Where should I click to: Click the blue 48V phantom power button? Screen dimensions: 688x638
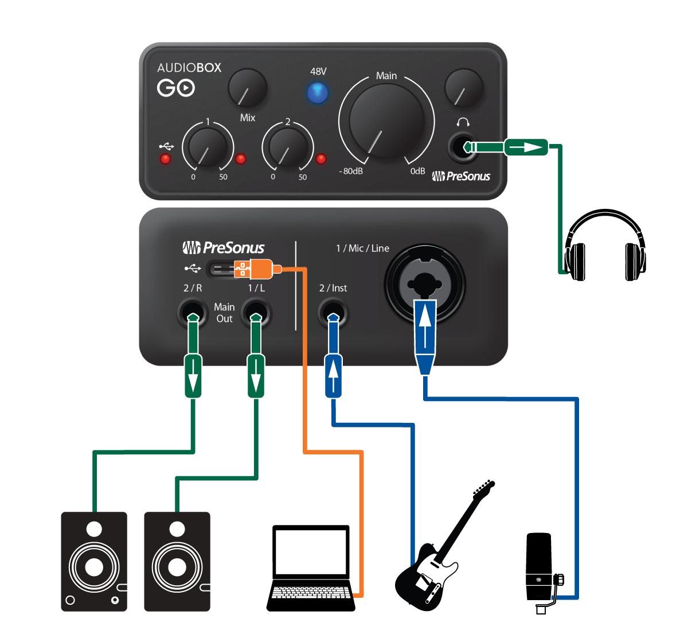click(317, 93)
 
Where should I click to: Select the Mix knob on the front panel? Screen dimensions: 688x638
click(248, 88)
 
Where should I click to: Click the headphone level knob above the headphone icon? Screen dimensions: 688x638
click(464, 88)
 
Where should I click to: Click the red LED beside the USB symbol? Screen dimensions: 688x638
click(166, 159)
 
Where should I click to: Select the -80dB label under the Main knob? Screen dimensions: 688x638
click(351, 172)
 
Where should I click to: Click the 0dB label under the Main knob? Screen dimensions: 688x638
click(417, 172)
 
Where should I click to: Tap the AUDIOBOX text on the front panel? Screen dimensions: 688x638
click(189, 68)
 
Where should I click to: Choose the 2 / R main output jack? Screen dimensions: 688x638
click(192, 314)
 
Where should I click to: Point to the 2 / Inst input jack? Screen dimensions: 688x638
click(333, 314)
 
